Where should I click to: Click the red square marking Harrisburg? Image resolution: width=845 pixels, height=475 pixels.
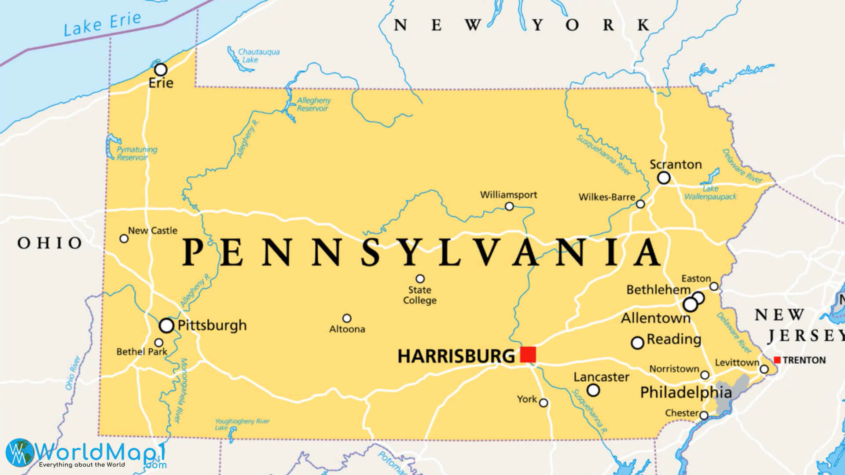(528, 354)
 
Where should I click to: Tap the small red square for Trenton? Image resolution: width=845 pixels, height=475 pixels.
(777, 360)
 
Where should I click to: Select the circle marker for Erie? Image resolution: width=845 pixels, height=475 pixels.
(161, 69)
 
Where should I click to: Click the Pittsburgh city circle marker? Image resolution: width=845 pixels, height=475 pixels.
(166, 325)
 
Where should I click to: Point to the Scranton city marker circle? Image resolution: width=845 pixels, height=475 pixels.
(664, 178)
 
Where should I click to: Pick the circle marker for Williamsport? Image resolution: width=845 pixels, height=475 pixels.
(509, 206)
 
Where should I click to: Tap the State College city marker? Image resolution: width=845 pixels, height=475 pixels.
(420, 279)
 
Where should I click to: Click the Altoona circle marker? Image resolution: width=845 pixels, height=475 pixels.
(347, 318)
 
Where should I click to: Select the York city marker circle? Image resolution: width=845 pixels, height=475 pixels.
(544, 403)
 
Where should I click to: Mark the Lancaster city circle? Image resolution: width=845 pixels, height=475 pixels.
(593, 390)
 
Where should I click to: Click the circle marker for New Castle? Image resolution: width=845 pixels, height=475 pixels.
(124, 238)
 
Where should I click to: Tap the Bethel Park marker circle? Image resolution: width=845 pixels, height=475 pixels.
(158, 343)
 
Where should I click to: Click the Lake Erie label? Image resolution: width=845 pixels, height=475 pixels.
(102, 24)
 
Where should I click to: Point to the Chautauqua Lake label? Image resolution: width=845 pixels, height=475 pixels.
(258, 55)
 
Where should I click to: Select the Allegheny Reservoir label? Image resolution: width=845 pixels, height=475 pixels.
(313, 104)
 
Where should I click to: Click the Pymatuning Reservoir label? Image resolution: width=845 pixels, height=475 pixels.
(136, 153)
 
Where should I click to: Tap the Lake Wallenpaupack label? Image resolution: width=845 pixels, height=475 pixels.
(710, 193)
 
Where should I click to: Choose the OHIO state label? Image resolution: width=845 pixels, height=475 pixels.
(50, 243)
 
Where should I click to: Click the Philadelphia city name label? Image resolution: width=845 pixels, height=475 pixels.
(686, 392)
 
